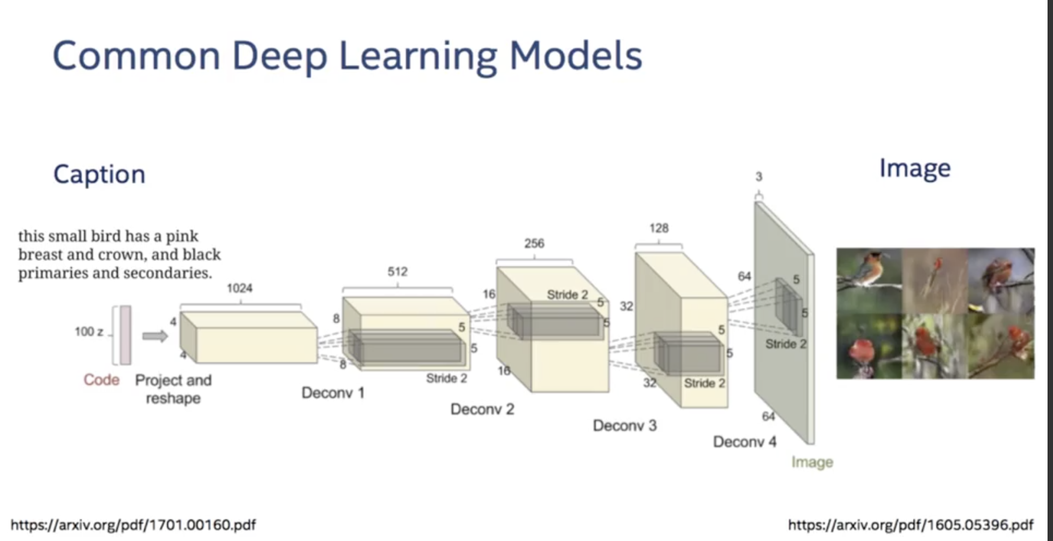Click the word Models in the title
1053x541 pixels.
(x=576, y=56)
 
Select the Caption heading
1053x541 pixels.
(x=99, y=175)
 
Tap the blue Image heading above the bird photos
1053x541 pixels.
(x=915, y=169)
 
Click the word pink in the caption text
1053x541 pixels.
(x=182, y=237)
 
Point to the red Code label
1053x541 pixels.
(x=101, y=380)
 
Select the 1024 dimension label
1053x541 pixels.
(x=240, y=288)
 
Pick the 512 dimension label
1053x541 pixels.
(x=397, y=272)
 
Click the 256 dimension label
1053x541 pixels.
(x=534, y=243)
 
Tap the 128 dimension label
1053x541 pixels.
(x=659, y=228)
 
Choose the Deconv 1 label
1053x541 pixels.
(x=333, y=393)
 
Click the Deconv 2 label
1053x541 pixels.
(x=482, y=409)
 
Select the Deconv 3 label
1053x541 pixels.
(x=625, y=425)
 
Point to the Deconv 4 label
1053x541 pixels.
(x=745, y=442)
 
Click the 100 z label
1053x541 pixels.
(x=89, y=332)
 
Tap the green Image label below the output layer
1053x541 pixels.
(x=812, y=462)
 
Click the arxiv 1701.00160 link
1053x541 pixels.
(x=133, y=525)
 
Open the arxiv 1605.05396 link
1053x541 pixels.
(x=911, y=525)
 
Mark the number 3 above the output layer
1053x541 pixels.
(x=758, y=177)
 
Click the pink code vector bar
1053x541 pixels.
(x=125, y=335)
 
